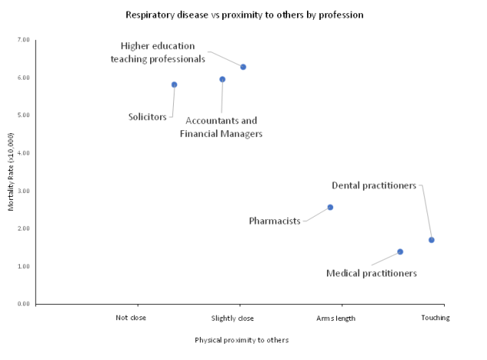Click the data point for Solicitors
pos(175,85)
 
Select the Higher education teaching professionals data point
pos(243,67)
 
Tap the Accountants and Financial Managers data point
pos(222,80)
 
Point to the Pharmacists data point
pos(330,208)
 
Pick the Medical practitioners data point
pos(400,252)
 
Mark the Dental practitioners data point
pos(432,241)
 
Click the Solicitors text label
pos(147,117)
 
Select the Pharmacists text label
pos(274,221)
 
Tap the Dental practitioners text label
pos(374,185)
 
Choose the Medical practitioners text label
pos(371,273)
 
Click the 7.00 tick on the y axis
pos(23,40)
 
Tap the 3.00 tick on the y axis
pos(23,191)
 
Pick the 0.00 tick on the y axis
pos(23,304)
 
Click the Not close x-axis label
pos(130,318)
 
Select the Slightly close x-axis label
pos(232,318)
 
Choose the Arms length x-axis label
pos(335,318)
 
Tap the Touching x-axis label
pos(435,318)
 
